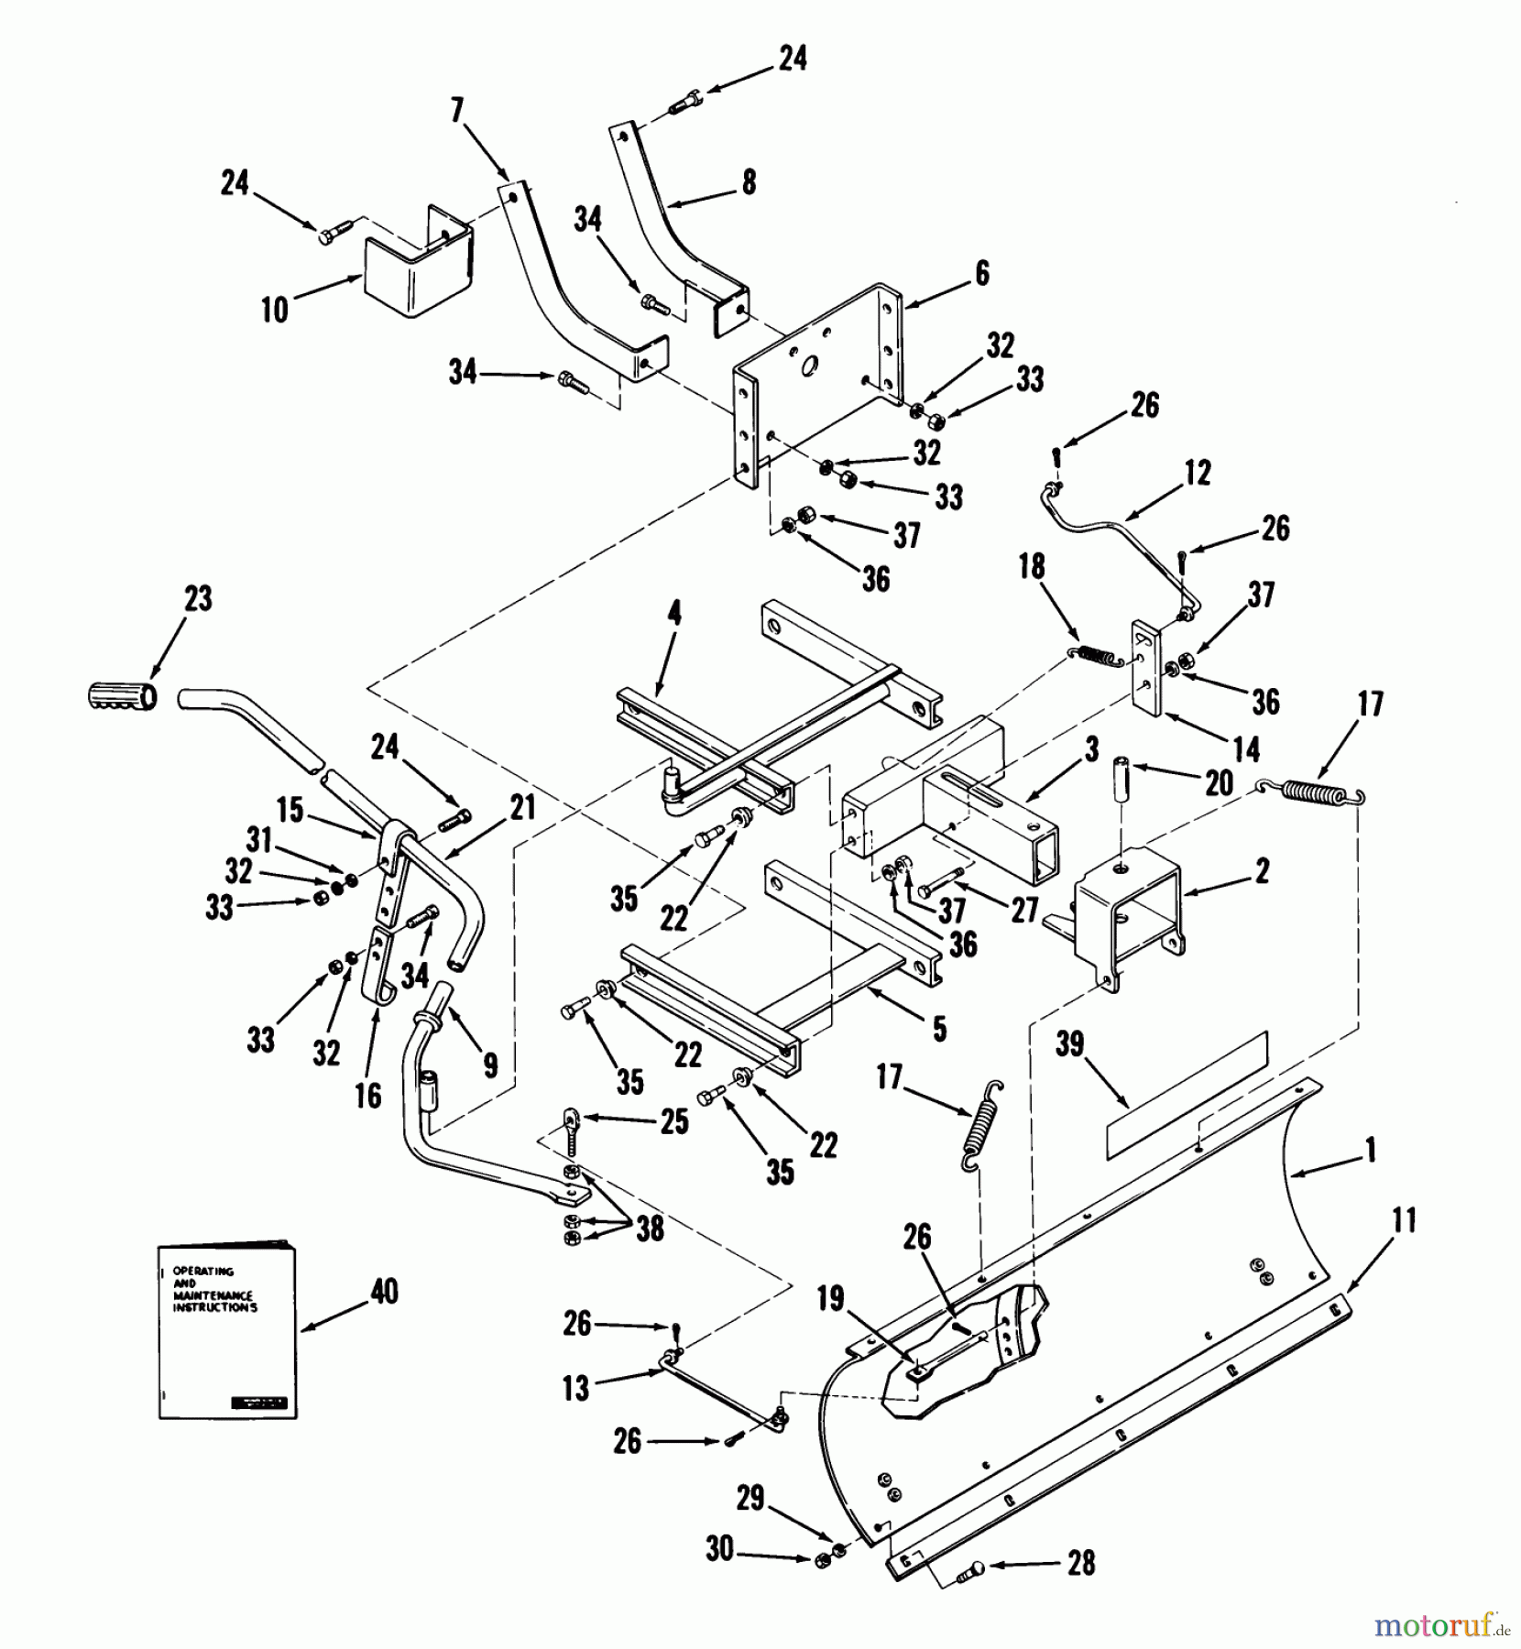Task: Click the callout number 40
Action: click(384, 1292)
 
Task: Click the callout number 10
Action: click(275, 311)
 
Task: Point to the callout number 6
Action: click(982, 273)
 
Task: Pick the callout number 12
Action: click(1198, 472)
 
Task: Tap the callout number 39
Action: click(1070, 1044)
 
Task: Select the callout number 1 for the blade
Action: click(1371, 1151)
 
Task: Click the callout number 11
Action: click(1404, 1220)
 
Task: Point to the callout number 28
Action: click(1081, 1562)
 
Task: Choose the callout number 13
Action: click(575, 1389)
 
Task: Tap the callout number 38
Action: click(650, 1229)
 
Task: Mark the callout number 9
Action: click(490, 1064)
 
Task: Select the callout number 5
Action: click(939, 1029)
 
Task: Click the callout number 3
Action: click(1091, 749)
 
